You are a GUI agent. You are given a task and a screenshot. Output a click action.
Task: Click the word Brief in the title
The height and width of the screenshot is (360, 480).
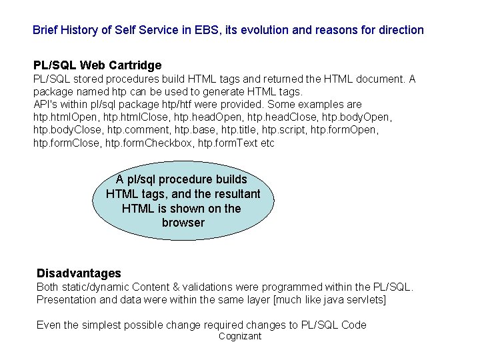coord(45,30)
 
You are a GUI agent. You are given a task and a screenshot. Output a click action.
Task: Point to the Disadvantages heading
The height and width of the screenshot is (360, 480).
coord(79,273)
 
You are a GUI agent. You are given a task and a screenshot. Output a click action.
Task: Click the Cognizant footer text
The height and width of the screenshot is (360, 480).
coord(240,337)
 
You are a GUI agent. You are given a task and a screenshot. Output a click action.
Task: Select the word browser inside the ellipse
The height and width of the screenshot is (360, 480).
coord(183,223)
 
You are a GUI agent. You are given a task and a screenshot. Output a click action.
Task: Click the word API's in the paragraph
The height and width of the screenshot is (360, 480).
coord(45,105)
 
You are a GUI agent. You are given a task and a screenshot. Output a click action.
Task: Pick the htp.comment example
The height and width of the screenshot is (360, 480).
coord(132,130)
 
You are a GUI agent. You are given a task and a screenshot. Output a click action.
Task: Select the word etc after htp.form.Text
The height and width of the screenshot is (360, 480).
coord(267,143)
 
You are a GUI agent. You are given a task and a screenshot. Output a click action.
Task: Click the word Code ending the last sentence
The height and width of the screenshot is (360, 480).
coord(354,325)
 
